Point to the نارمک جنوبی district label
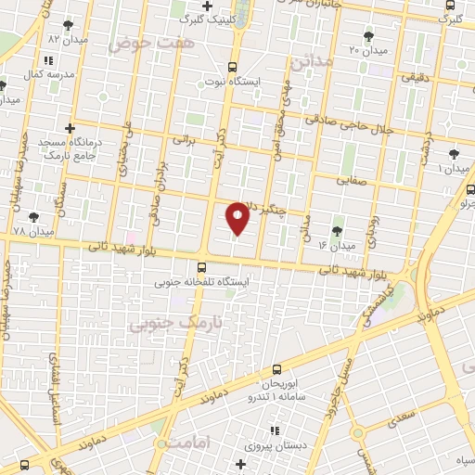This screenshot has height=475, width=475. [166, 323]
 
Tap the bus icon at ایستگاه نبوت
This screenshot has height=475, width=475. [233, 67]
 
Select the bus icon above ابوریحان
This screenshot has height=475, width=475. [276, 369]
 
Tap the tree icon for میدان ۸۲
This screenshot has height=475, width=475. [66, 25]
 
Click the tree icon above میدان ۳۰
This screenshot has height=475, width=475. [370, 35]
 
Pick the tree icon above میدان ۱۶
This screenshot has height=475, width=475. [336, 230]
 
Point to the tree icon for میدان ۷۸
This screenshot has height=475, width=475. [34, 217]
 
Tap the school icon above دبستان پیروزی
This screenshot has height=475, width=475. [274, 430]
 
